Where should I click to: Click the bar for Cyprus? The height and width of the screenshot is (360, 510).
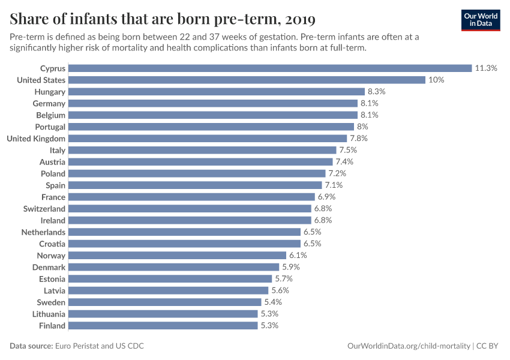pos(270,68)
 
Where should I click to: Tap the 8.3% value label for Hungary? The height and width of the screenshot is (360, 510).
pos(376,92)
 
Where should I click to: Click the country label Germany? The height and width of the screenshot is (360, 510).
pos(49,103)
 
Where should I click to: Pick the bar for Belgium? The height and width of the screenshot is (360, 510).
pos(213,115)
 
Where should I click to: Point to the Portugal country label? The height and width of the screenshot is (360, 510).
pos(50,127)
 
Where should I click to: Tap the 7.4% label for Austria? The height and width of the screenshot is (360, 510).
pos(344,162)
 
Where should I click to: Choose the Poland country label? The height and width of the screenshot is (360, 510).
pos(53,173)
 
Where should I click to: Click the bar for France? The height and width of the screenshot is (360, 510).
pos(191,197)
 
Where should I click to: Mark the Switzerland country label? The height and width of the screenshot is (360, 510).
pos(44,209)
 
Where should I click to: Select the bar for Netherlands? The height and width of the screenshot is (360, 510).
pos(184,232)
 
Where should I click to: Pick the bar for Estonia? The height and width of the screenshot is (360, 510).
pos(170,279)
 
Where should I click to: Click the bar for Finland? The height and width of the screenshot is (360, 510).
pos(163,326)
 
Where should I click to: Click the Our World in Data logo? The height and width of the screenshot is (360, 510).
pos(480,19)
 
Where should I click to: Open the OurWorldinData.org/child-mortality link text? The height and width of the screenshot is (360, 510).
pos(409,346)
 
